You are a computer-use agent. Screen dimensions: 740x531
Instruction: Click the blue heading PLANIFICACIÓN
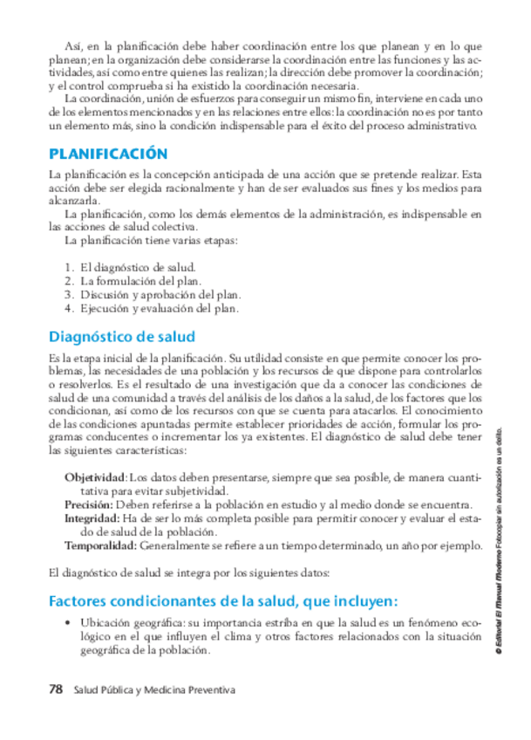[x=108, y=153]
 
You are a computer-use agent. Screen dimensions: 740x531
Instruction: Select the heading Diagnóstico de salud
[x=122, y=336]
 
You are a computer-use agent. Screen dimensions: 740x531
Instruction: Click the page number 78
[x=57, y=689]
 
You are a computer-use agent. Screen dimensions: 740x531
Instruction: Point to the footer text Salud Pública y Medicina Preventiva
[x=155, y=689]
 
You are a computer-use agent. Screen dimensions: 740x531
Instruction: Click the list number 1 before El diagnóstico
[x=68, y=268]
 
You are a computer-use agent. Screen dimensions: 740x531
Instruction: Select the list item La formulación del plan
[x=140, y=281]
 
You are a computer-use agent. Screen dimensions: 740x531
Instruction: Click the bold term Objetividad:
[x=96, y=478]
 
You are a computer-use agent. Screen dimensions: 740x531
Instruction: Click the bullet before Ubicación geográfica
[x=68, y=624]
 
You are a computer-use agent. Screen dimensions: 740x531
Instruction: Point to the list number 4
[x=68, y=308]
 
